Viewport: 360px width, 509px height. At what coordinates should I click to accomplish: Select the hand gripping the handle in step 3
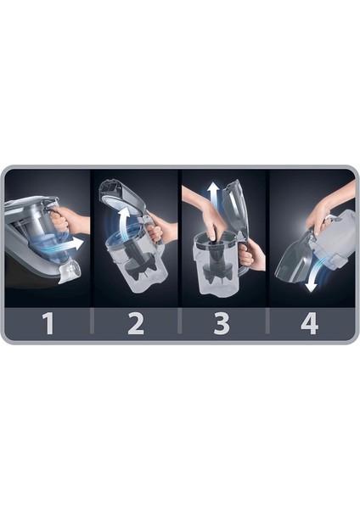pos(249,254)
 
